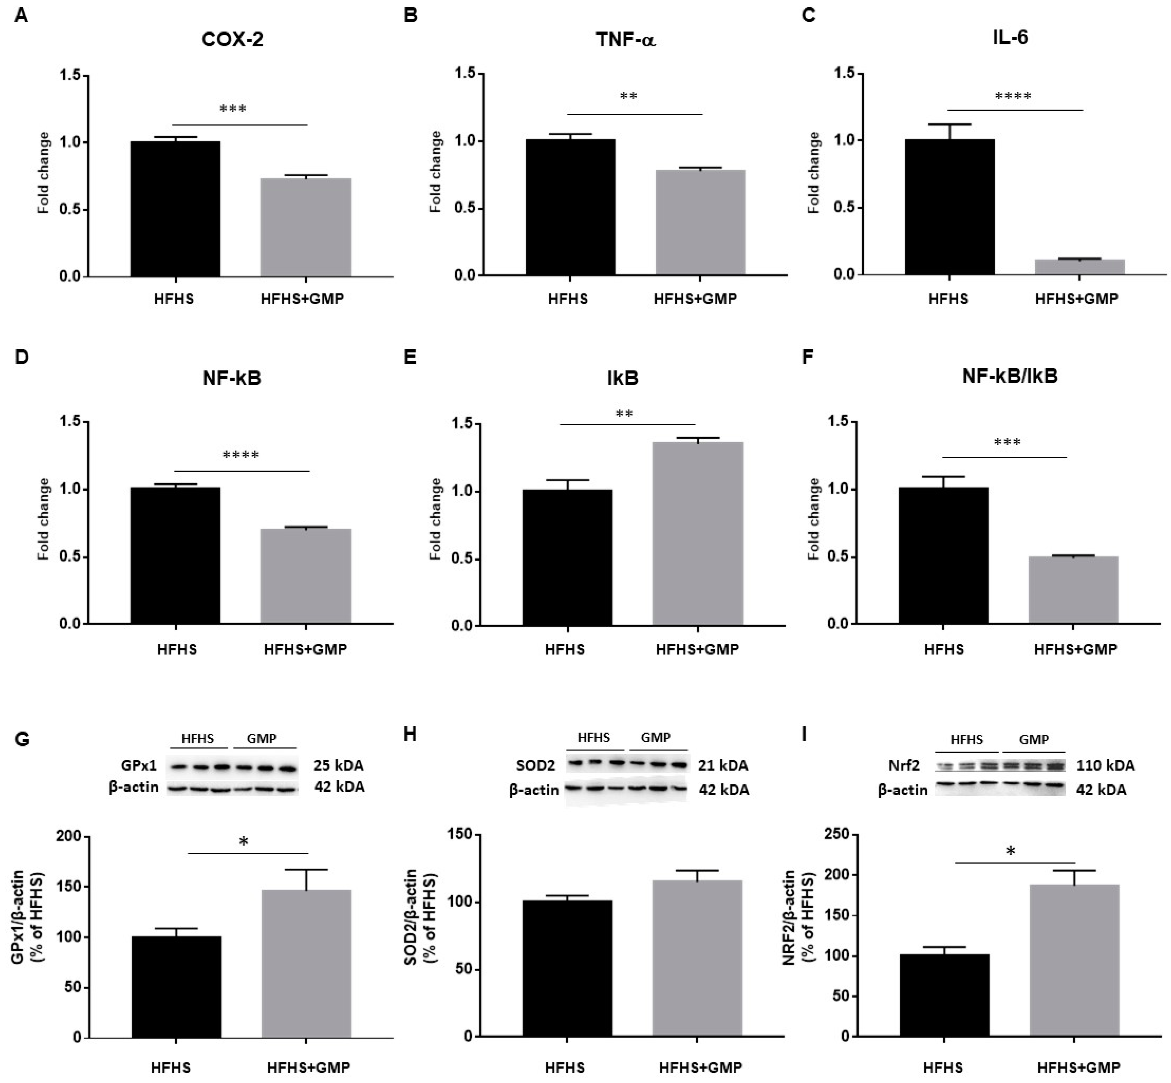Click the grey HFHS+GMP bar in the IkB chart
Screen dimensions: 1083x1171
697,533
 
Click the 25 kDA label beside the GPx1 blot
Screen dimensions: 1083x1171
338,765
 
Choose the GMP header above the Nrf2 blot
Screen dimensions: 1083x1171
1034,740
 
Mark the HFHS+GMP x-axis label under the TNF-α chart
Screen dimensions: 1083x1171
696,299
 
